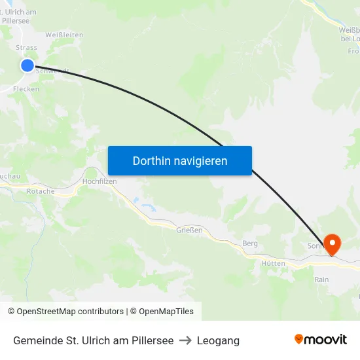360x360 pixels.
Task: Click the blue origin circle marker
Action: [x=27, y=65]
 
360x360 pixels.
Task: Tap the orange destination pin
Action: [x=333, y=245]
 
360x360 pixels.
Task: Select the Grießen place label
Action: [x=189, y=230]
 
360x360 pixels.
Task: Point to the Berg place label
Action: [x=250, y=243]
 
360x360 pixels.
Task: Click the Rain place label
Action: [x=321, y=279]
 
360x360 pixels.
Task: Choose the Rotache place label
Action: [x=41, y=192]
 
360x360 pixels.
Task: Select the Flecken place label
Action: [x=26, y=89]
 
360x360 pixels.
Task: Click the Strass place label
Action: [x=26, y=48]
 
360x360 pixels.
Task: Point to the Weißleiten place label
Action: [x=63, y=34]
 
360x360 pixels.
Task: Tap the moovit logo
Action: [x=320, y=340]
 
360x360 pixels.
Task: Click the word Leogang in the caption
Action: [x=218, y=340]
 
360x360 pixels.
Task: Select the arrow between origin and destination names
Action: [x=185, y=340]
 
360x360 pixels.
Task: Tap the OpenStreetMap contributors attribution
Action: [x=65, y=312]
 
